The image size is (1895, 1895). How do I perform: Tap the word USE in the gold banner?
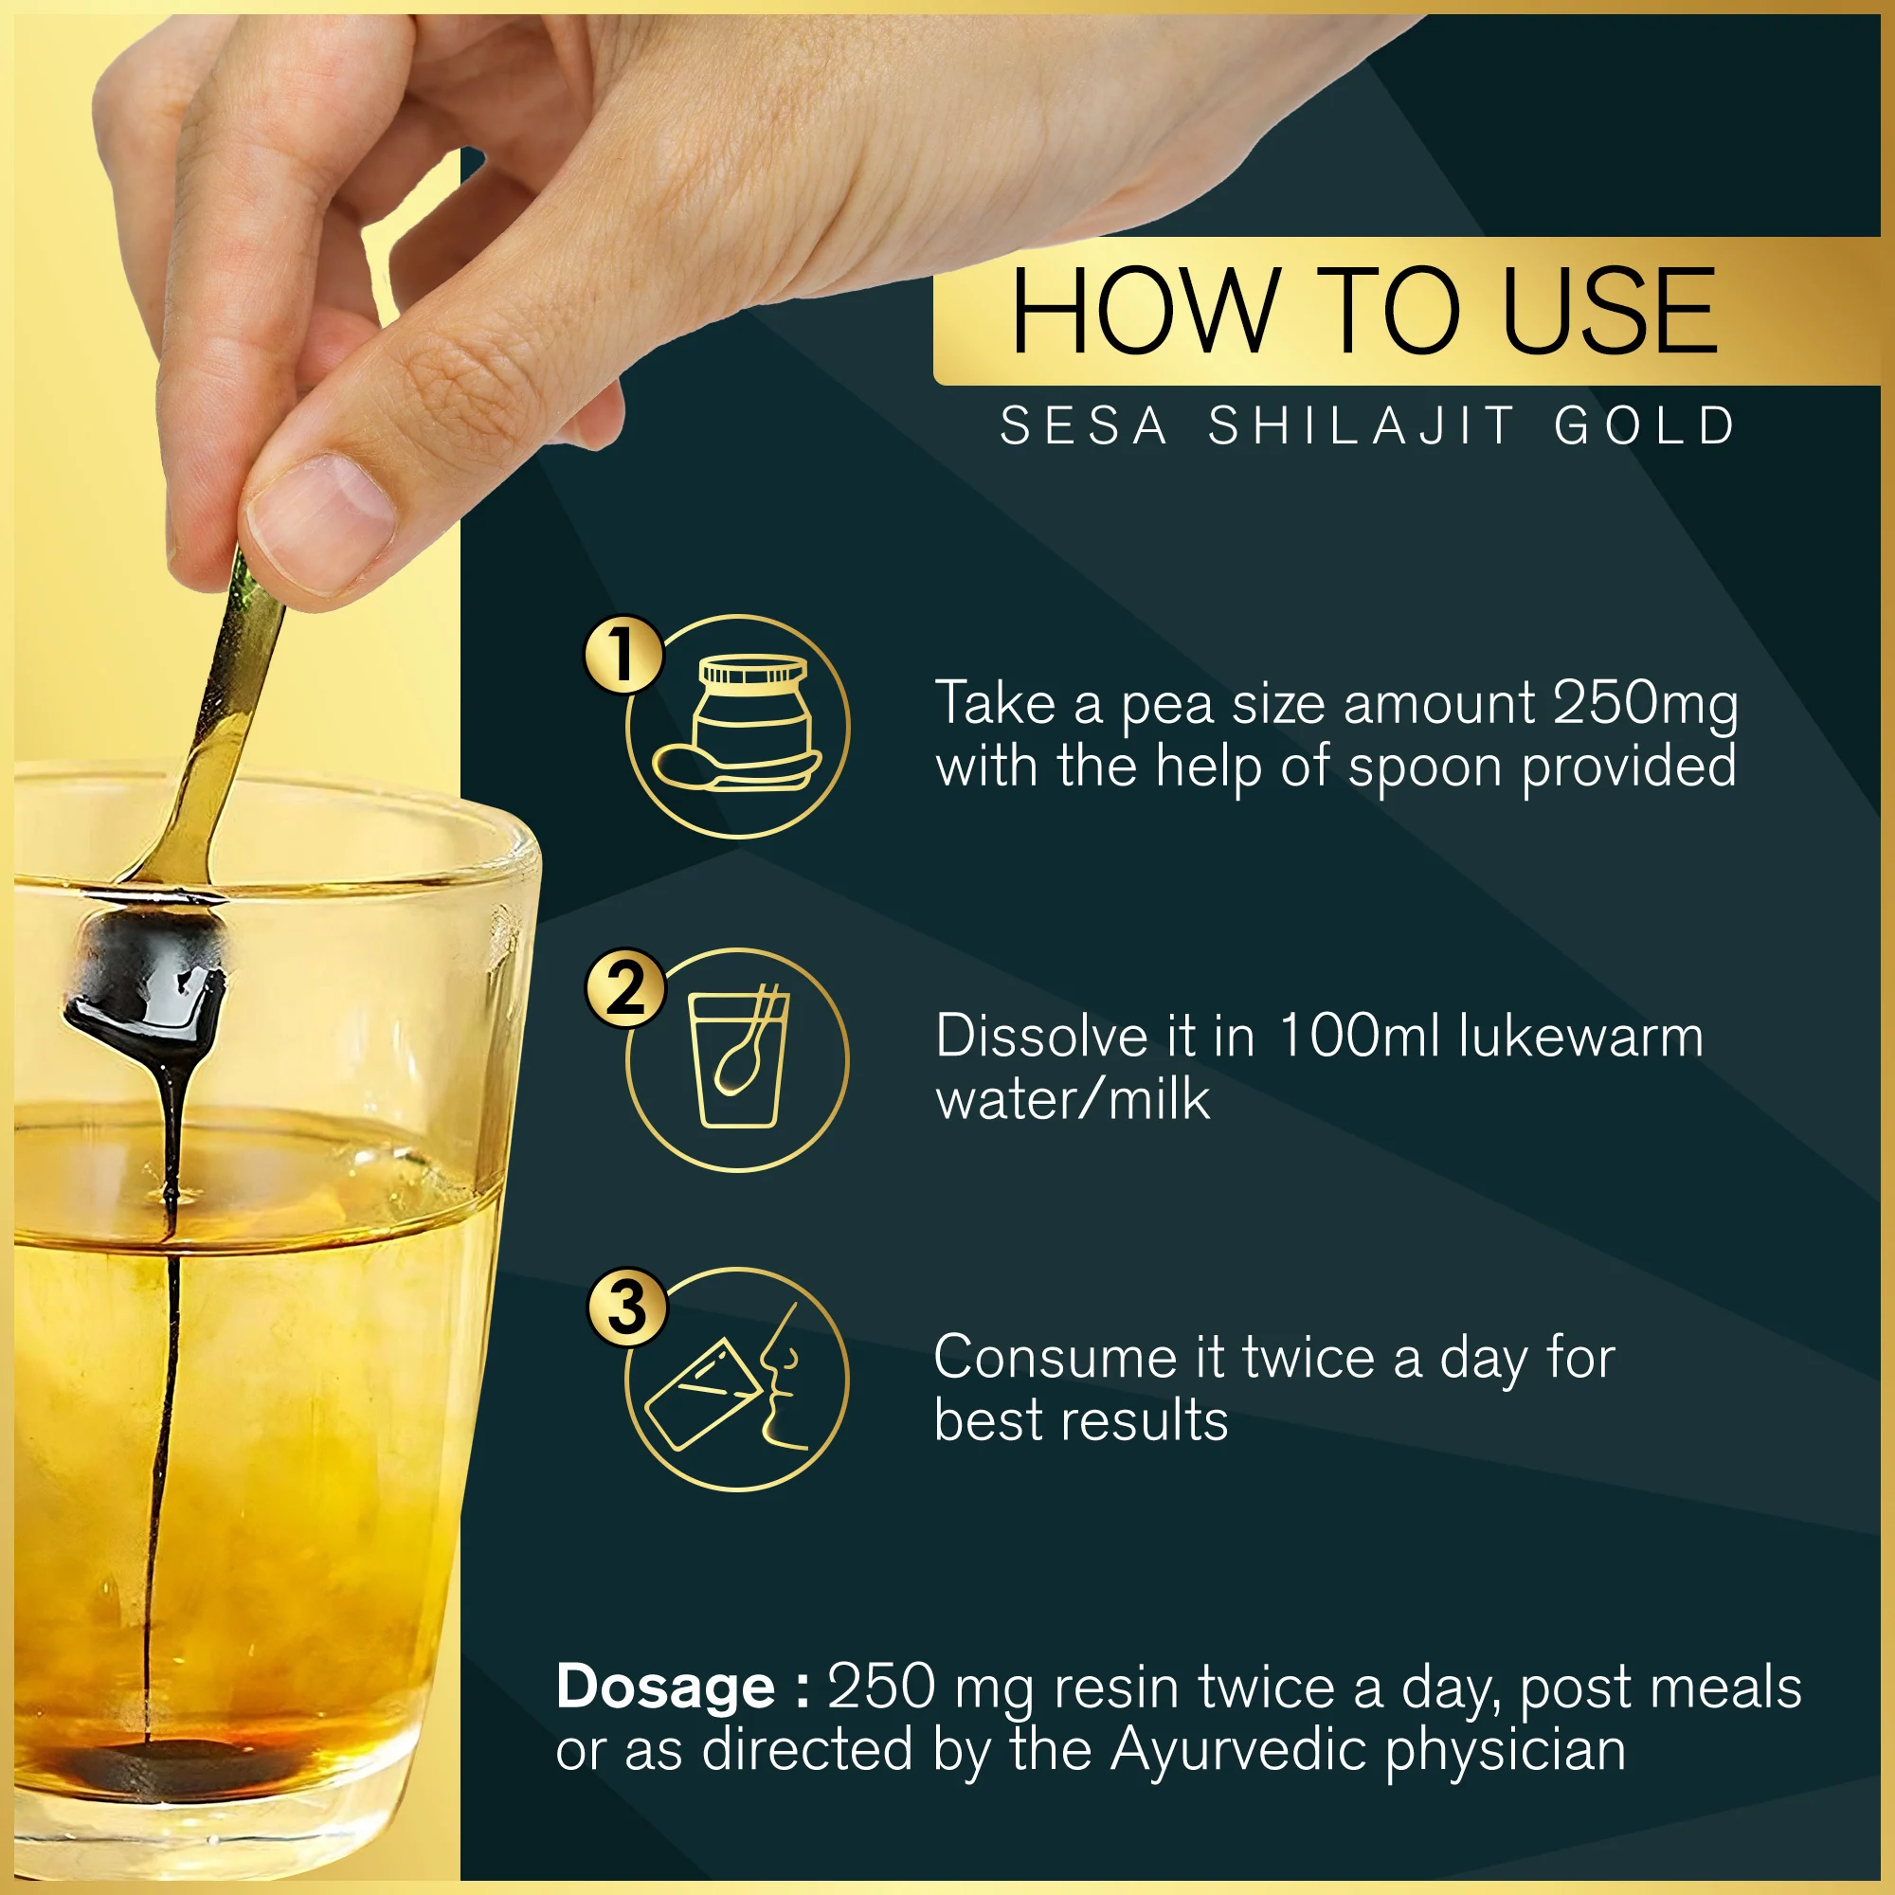click(1610, 311)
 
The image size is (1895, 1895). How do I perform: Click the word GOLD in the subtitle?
click(1645, 425)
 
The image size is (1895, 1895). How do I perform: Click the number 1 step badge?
click(623, 654)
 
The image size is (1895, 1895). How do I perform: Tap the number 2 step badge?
click(624, 987)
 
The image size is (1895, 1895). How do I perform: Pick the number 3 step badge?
click(626, 1308)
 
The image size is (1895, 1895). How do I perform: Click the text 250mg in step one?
click(1646, 706)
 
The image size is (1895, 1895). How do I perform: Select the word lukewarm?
click(1581, 1037)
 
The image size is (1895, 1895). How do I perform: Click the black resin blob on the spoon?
click(147, 981)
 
